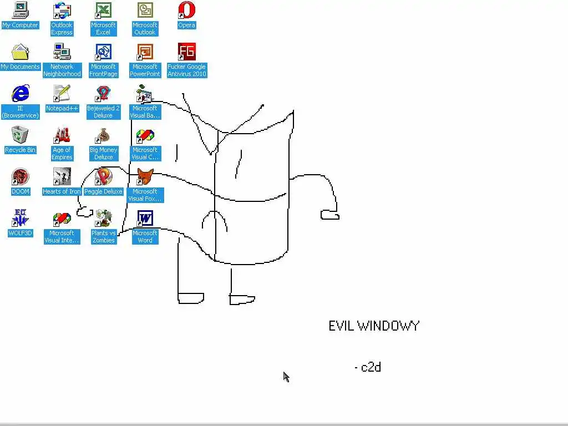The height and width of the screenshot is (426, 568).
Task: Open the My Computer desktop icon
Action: coord(20,11)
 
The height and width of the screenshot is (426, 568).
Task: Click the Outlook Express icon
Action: coord(62,11)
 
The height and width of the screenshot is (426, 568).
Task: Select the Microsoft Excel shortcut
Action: coord(103,11)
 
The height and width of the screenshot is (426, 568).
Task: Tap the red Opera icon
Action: coord(186,11)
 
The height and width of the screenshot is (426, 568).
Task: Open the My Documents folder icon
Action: coord(20,52)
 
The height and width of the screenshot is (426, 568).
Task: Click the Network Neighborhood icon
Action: coord(62,52)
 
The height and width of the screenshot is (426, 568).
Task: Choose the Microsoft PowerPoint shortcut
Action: coord(145,52)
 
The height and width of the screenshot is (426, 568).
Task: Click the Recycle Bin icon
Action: coord(20,135)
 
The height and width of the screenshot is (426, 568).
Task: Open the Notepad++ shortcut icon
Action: coord(62,94)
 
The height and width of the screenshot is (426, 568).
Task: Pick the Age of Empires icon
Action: coord(62,135)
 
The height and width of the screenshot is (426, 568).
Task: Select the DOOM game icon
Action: coord(20,177)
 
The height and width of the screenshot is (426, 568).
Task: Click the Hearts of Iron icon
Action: coord(62,177)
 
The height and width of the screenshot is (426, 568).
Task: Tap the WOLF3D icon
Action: coord(20,219)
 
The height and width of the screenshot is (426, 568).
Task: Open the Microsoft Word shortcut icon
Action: coord(145,219)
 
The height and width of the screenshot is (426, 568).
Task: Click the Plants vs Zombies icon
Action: coord(103,219)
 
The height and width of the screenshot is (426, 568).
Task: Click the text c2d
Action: coord(371,367)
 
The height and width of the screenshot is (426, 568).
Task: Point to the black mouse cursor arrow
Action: coord(286,377)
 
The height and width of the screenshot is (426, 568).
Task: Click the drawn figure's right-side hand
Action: coord(329,215)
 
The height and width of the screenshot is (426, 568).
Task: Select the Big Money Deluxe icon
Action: coord(103,135)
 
